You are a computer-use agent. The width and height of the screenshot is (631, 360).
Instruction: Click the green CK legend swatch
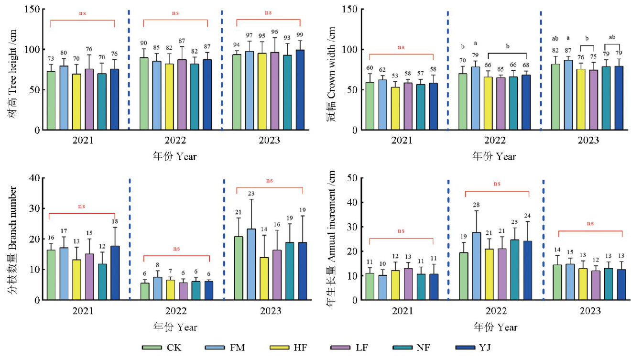(x=151, y=348)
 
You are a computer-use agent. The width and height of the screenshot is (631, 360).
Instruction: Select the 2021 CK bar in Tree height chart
(x=51, y=100)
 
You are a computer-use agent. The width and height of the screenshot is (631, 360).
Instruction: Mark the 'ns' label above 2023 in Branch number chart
(x=270, y=180)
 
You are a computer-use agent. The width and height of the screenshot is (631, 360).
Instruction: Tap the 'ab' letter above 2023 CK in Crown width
(x=555, y=39)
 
